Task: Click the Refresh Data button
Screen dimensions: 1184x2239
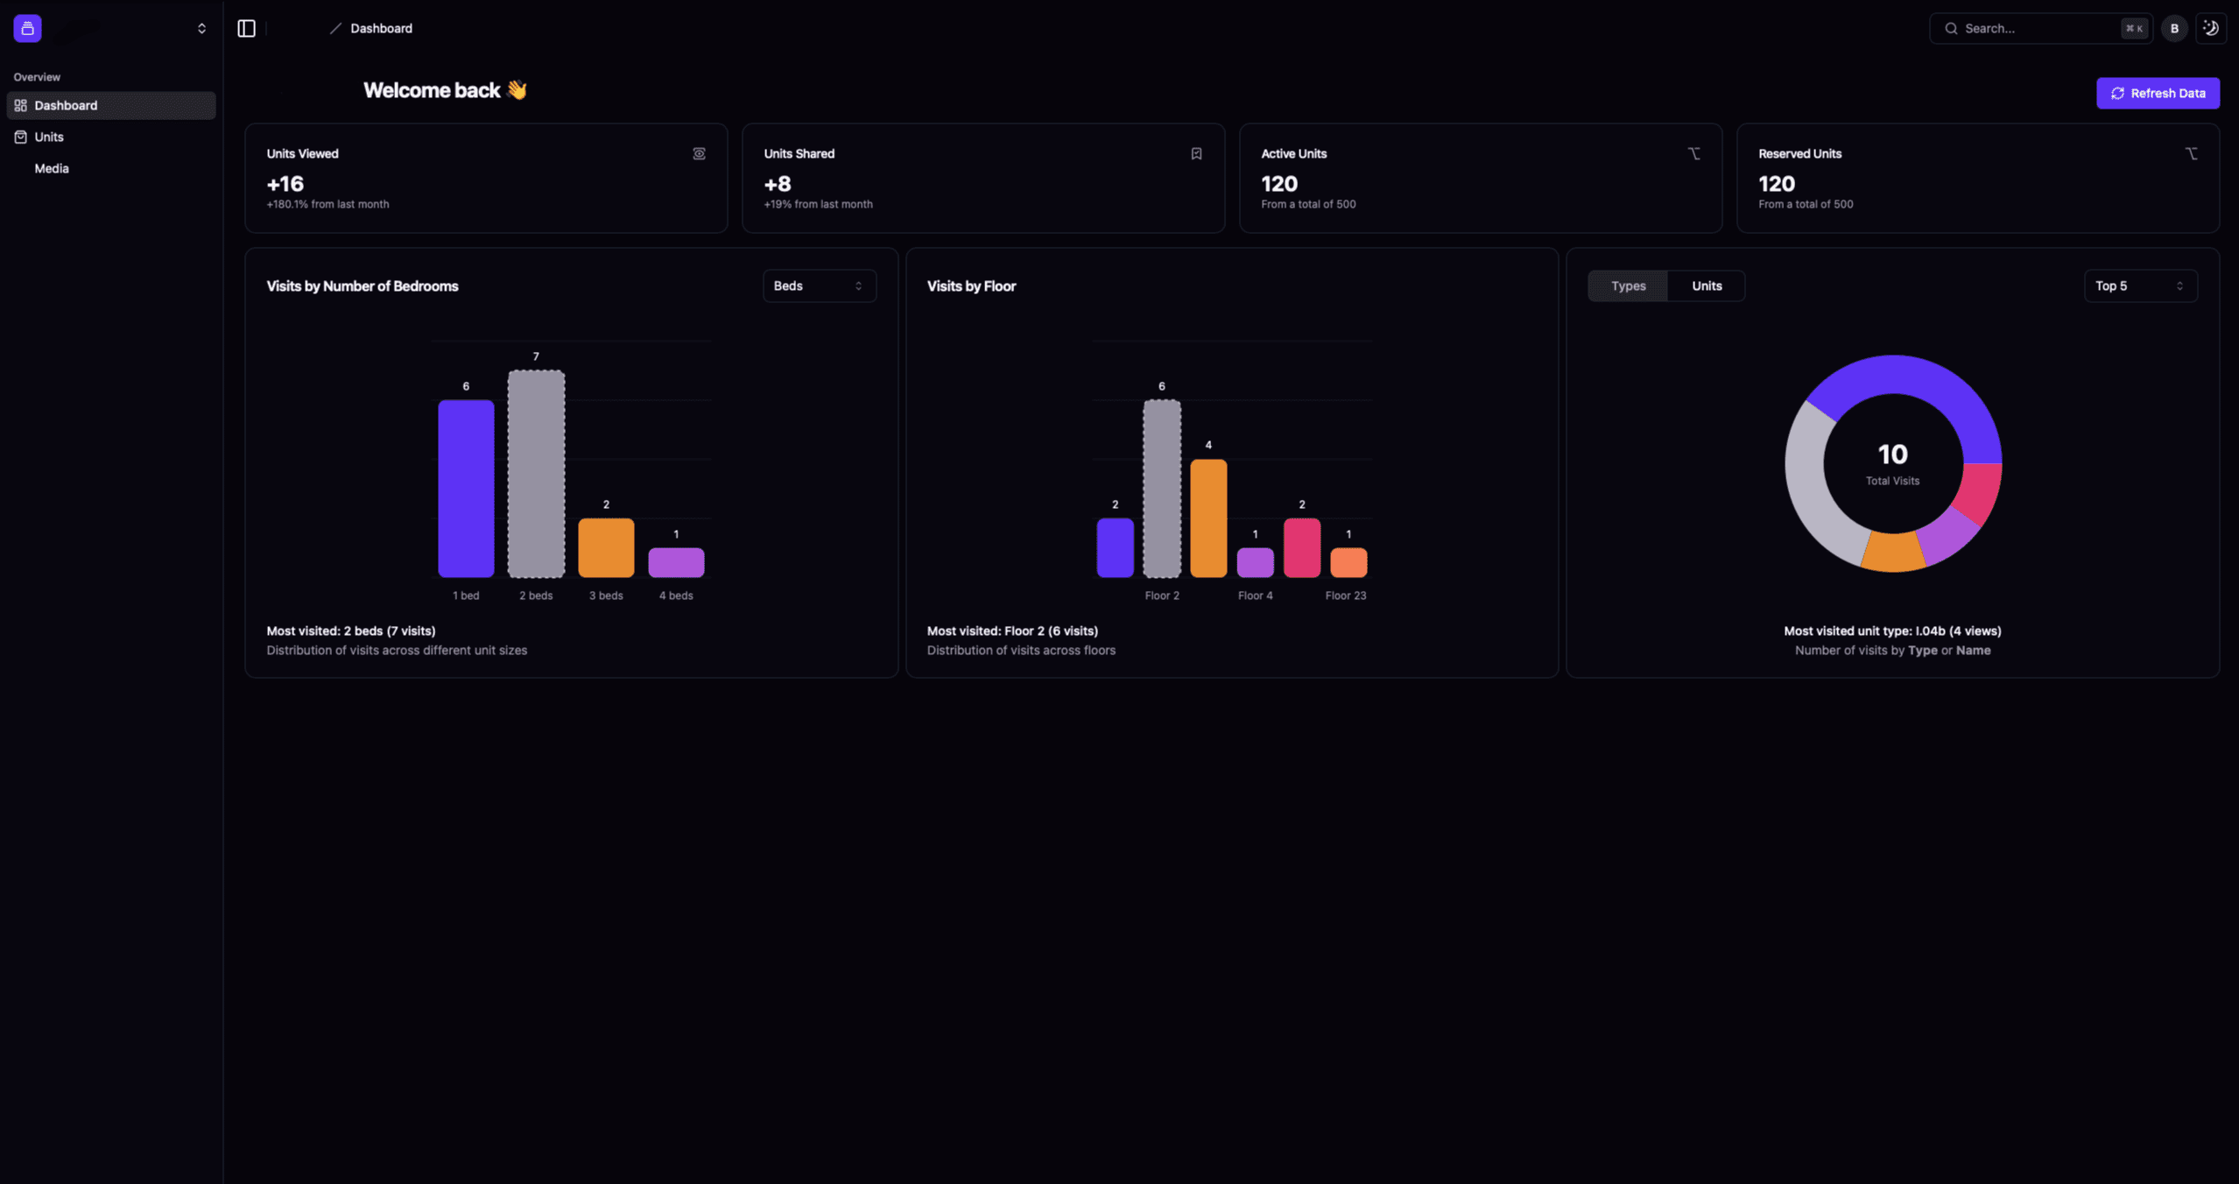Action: (x=2157, y=93)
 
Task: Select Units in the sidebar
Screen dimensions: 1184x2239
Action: (x=49, y=137)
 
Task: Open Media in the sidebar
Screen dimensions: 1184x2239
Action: (x=52, y=168)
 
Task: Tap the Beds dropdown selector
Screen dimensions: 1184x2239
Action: (x=819, y=285)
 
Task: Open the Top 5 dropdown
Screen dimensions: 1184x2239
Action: (x=2139, y=285)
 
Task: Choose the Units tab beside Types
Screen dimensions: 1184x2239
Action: (x=1706, y=285)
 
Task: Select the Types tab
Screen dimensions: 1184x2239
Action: (x=1628, y=285)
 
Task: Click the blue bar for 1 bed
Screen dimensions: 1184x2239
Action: (x=466, y=488)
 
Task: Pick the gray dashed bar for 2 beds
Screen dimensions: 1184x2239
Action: (x=536, y=473)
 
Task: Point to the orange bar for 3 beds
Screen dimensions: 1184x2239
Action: (x=606, y=547)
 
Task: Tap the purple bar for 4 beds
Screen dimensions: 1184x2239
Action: (x=676, y=562)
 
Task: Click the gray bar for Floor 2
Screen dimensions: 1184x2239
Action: (x=1162, y=488)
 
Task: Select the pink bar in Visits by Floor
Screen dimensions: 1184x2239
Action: (x=1301, y=547)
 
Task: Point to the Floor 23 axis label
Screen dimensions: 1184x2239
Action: (x=1345, y=596)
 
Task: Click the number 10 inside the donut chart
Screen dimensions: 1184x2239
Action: (x=1892, y=454)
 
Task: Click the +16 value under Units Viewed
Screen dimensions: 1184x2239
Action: (x=285, y=184)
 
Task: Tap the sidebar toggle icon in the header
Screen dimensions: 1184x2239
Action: (x=246, y=28)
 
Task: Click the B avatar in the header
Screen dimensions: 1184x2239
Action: (x=2173, y=28)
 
